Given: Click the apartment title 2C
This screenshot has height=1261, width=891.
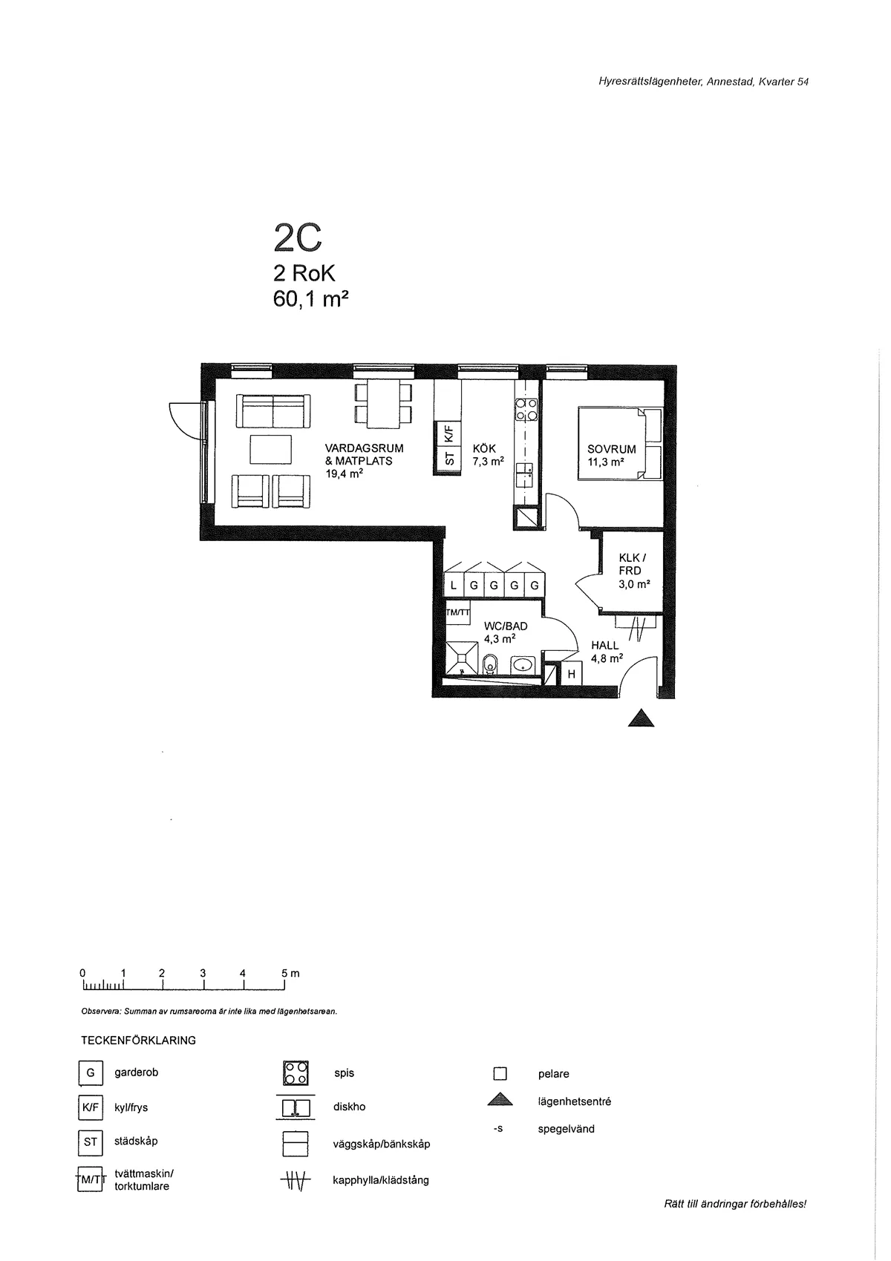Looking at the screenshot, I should tap(297, 238).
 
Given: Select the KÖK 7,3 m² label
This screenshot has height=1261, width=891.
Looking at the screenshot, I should tap(488, 454).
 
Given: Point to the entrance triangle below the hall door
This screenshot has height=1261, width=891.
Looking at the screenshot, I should tap(642, 718).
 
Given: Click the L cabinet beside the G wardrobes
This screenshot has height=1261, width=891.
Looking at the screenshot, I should tap(454, 586).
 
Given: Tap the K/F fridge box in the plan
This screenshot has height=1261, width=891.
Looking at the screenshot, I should tap(448, 433).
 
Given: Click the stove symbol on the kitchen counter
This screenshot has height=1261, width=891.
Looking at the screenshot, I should tap(526, 409).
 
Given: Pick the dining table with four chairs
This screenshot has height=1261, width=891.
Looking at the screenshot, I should tap(383, 404).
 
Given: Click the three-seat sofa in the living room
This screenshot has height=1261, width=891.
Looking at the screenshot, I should tap(272, 411).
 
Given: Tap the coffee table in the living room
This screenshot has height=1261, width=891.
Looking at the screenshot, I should tap(270, 450).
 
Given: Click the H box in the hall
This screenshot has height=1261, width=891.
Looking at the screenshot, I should tap(572, 674).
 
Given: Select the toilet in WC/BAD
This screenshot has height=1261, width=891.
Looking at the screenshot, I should tap(490, 664).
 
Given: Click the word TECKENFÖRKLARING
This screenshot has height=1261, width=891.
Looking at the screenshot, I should tap(138, 1040).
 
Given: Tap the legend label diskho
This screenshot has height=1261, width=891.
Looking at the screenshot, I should tap(349, 1107).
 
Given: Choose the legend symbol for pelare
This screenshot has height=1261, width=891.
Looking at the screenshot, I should tap(500, 1073).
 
